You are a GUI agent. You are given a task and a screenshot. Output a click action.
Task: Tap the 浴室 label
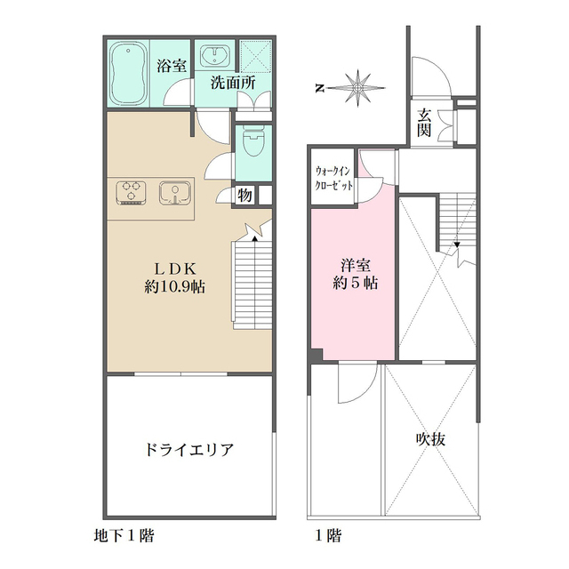[172, 65]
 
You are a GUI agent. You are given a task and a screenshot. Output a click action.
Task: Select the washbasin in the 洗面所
[212, 58]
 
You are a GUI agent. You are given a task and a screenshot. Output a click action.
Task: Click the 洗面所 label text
[232, 84]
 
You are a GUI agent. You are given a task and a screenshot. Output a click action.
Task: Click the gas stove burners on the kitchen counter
[132, 192]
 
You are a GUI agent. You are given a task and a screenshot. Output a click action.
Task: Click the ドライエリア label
[188, 449]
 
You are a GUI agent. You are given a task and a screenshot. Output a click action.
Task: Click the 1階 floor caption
[327, 536]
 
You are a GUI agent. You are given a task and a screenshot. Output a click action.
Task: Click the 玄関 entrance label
[425, 121]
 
